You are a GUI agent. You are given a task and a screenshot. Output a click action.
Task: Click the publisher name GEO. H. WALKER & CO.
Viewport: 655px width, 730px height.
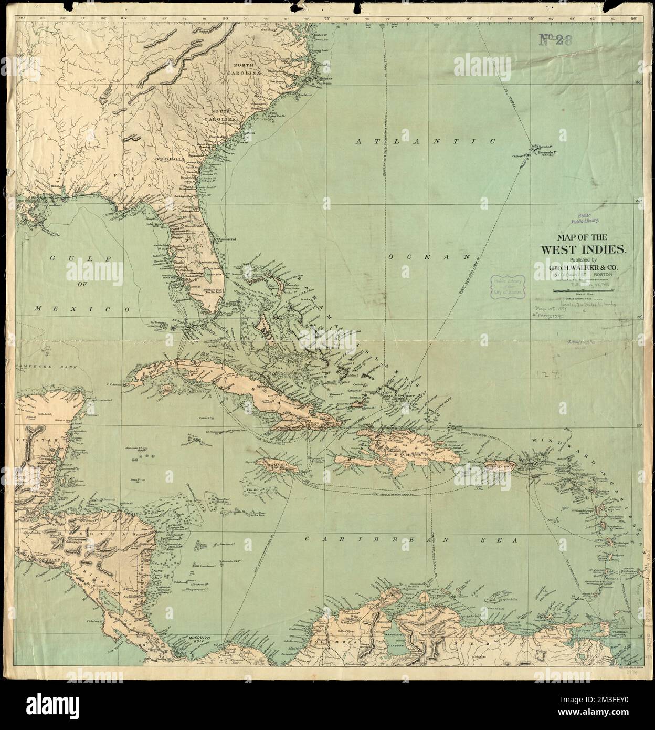point(577,268)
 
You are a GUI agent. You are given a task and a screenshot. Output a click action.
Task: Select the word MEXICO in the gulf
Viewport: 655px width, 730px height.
point(82,310)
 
